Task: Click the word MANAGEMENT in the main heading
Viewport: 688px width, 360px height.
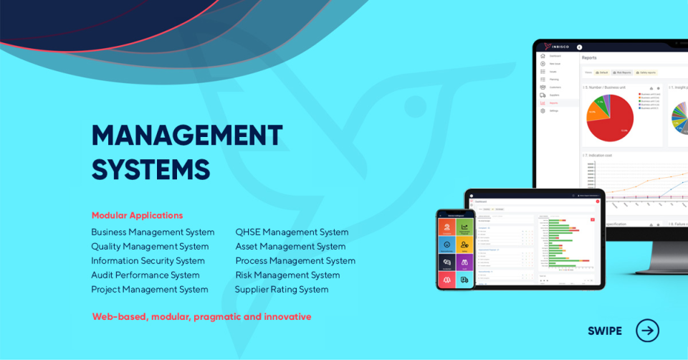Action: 187,136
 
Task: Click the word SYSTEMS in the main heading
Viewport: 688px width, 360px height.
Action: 150,169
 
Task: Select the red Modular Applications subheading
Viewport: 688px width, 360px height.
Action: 137,215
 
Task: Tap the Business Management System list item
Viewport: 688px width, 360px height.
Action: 153,232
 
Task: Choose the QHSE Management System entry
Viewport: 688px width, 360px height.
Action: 292,232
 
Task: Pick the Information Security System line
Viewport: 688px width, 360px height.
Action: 148,260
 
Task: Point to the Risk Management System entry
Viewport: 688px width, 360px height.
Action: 287,275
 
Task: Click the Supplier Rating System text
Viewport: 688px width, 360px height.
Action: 282,289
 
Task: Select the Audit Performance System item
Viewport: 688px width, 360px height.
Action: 145,275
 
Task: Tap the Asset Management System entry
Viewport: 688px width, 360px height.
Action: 290,246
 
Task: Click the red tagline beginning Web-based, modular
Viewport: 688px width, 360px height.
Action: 201,316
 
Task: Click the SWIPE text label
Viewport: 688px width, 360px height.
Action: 605,331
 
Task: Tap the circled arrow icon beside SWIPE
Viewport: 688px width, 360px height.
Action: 647,331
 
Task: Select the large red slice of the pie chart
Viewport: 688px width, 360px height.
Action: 613,122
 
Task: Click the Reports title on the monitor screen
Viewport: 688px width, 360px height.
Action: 589,57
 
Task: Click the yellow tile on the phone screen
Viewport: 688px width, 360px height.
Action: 464,245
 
